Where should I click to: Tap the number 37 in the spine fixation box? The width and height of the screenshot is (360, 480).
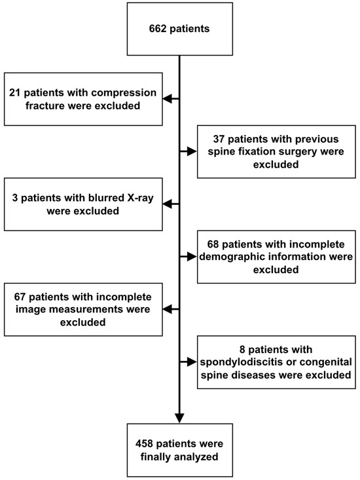[x=221, y=139]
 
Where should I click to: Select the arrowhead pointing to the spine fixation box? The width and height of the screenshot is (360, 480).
[x=192, y=152]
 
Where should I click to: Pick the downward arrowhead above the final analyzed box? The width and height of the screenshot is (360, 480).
[x=179, y=417]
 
